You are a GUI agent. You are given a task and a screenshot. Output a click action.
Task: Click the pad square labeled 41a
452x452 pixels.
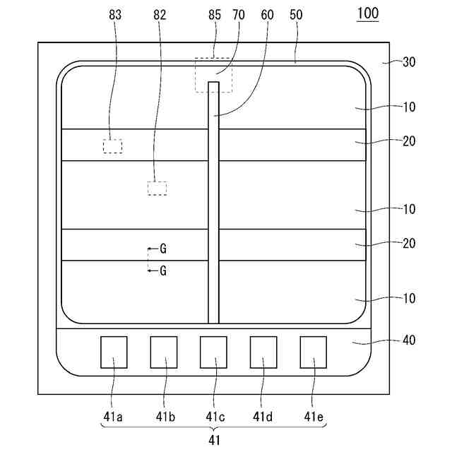point(114,352)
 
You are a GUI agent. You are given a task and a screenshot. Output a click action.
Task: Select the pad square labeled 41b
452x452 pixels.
point(164,352)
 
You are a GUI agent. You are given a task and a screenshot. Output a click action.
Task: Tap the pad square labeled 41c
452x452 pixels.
point(213,352)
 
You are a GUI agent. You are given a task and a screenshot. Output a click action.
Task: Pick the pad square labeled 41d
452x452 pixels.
point(263,352)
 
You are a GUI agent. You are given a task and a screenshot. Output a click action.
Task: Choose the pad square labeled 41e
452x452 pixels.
point(314,352)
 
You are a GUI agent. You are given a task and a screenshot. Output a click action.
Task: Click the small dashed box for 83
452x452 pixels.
point(112,146)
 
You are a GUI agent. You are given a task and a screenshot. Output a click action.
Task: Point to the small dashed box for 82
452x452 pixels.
point(157,188)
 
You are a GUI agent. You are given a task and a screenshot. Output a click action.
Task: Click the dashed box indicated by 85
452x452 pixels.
point(213,75)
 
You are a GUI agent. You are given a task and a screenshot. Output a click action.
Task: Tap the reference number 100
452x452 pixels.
point(367,14)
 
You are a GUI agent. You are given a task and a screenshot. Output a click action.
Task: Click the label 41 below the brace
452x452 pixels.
point(214,440)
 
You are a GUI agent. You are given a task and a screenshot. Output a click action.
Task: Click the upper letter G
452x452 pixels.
point(163,249)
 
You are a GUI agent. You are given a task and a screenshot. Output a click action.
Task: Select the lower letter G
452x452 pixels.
point(163,270)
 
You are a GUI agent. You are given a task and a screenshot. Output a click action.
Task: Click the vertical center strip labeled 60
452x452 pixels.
point(213,205)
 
